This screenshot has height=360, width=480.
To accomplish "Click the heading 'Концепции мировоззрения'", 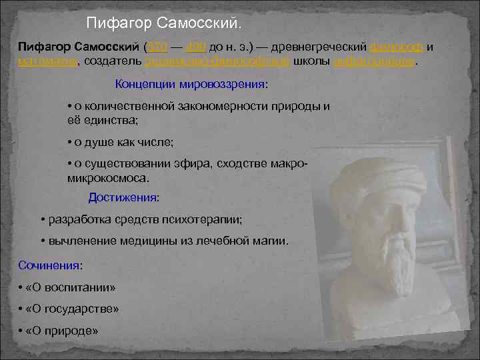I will pos(191,85).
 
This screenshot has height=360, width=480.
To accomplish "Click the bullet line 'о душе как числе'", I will pos(120,142).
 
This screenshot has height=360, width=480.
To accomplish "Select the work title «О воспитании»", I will pos(71,287).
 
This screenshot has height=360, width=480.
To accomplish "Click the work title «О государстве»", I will pos(73,309).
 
